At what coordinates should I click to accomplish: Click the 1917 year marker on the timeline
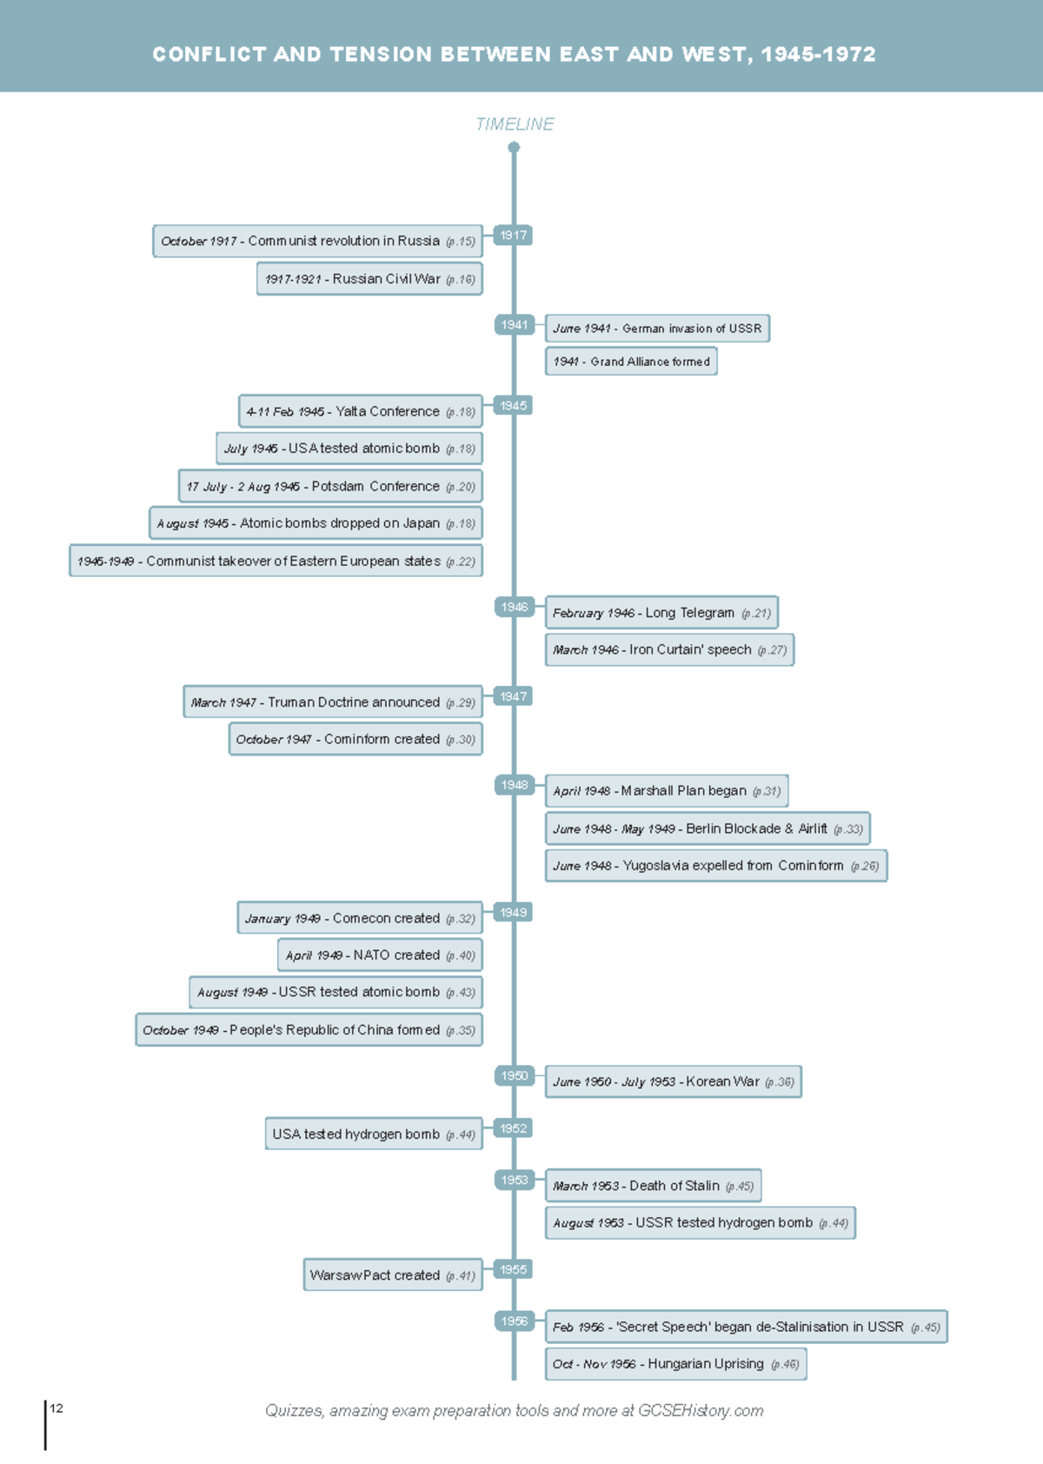(513, 235)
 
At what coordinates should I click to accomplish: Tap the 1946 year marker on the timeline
(513, 607)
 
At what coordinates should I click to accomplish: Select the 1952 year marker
(513, 1128)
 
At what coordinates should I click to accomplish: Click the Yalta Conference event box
(360, 411)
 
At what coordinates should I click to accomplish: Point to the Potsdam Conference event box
(330, 486)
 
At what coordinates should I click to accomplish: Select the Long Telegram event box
(661, 613)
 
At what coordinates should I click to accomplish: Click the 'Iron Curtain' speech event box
(669, 649)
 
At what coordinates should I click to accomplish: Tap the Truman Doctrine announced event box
(332, 702)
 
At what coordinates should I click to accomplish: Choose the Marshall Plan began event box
(667, 791)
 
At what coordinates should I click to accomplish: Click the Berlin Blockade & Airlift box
(707, 828)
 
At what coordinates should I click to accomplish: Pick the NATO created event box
(380, 955)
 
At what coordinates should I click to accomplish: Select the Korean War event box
(673, 1081)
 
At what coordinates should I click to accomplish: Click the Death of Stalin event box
(653, 1186)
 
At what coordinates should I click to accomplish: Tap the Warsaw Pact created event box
(392, 1275)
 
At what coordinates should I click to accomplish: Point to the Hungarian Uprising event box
(675, 1364)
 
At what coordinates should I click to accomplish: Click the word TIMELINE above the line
(515, 124)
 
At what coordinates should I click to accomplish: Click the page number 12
(56, 1408)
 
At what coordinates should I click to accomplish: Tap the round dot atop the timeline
(514, 147)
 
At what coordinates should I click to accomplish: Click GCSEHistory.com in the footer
(700, 1411)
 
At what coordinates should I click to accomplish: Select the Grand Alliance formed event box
(631, 362)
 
